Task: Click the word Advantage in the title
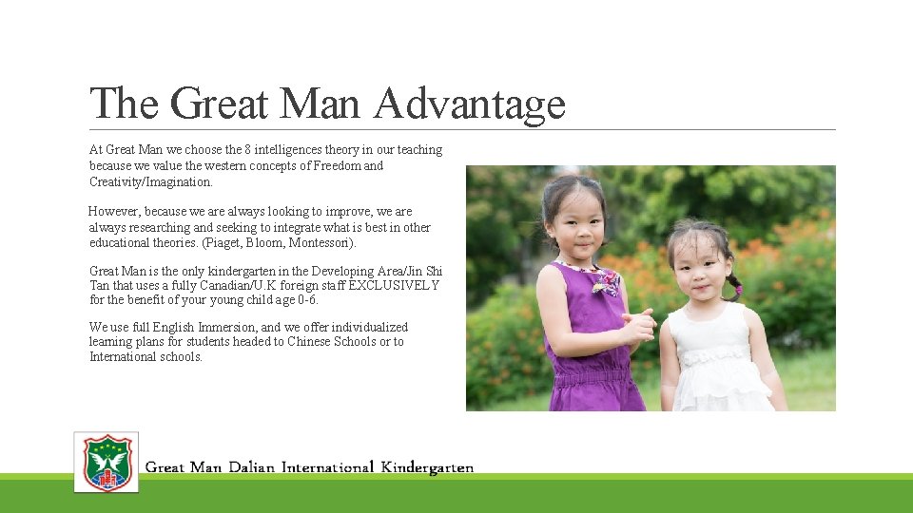click(469, 104)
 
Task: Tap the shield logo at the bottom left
click(107, 463)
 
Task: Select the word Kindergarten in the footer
click(427, 467)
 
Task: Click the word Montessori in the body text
click(322, 243)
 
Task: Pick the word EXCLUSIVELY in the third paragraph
click(394, 285)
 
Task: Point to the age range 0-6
click(303, 300)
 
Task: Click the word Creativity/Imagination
click(150, 181)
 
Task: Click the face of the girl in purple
click(574, 219)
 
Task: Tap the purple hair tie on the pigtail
click(738, 289)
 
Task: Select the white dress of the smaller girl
click(717, 366)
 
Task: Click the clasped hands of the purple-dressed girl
click(639, 326)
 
